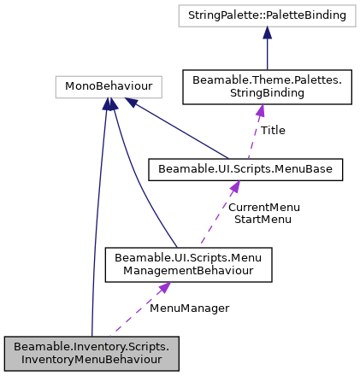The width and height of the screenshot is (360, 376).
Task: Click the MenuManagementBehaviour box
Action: coord(187,265)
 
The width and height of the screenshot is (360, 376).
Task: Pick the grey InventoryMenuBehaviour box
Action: coord(91,354)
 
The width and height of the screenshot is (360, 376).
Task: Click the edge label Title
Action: coord(273,131)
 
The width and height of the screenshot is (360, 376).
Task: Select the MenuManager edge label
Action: coord(189,307)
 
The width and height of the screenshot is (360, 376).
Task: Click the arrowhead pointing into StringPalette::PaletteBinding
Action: coord(267,32)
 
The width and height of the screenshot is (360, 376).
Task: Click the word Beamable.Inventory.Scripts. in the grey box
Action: coord(91,347)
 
